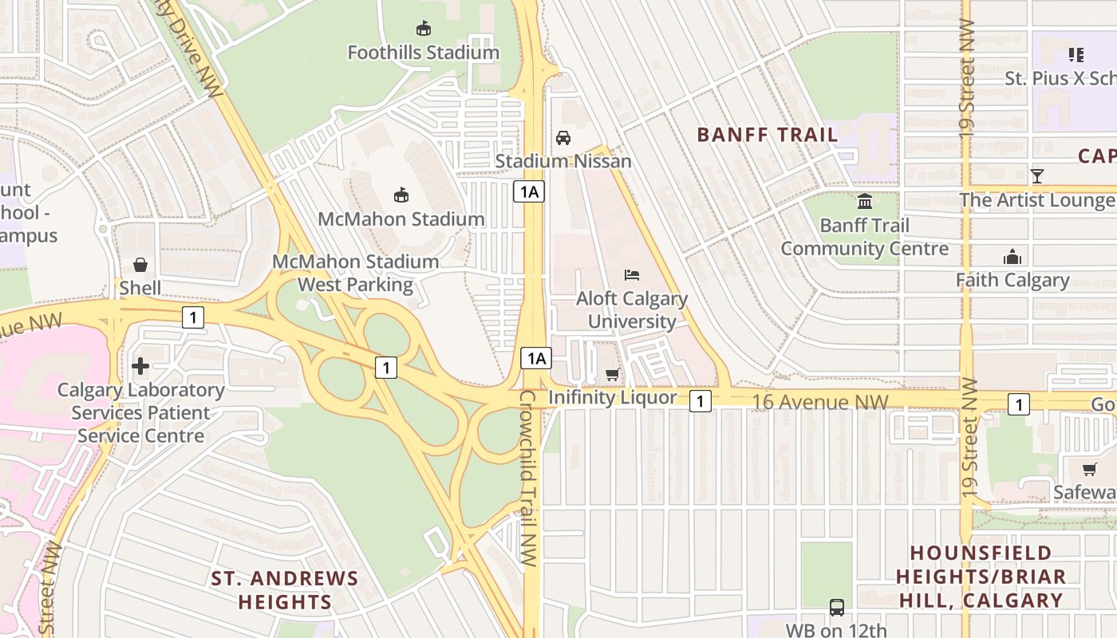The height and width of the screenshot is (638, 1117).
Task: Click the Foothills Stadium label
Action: (423, 53)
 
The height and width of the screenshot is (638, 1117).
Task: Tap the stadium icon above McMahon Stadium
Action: (401, 195)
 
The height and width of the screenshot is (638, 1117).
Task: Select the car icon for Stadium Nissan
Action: (563, 137)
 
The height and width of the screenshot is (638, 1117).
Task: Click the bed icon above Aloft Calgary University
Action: (632, 275)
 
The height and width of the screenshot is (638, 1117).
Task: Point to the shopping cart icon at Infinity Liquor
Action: (612, 374)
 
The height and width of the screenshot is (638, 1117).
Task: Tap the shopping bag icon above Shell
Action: (140, 265)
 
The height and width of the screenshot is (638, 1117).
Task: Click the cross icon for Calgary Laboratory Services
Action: (140, 366)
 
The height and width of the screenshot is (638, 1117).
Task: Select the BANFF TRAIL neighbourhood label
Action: (768, 135)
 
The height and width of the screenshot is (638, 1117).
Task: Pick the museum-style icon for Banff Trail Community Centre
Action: (865, 202)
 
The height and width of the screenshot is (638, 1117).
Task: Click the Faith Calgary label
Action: (1012, 280)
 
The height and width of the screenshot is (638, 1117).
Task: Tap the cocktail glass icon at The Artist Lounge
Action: (1036, 176)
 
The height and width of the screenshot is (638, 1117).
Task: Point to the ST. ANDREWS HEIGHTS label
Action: (285, 589)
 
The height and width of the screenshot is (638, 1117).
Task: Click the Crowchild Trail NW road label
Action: (529, 478)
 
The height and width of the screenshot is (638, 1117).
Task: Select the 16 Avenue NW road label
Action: (820, 402)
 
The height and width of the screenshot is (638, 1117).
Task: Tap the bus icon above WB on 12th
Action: (836, 608)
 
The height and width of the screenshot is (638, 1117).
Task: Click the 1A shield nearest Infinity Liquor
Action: (535, 358)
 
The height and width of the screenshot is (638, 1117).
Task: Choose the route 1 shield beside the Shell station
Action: (192, 317)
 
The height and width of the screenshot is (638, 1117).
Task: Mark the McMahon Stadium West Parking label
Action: (356, 273)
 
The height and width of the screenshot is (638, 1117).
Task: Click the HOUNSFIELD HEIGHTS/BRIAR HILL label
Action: (981, 577)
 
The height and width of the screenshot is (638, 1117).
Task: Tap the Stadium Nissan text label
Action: (563, 161)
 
